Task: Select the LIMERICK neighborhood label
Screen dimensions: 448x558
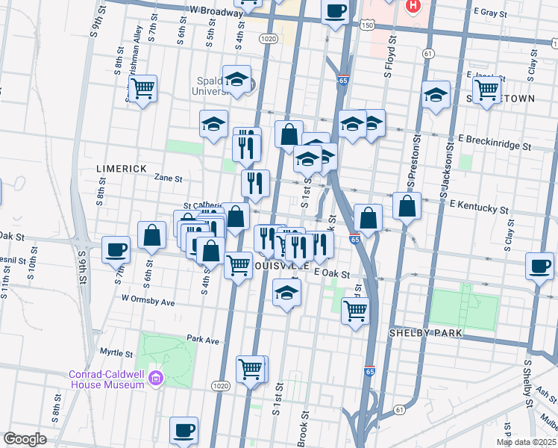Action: (x=122, y=169)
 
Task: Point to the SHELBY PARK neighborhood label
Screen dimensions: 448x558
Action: (x=426, y=332)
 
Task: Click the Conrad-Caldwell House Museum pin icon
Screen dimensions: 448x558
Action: (x=156, y=379)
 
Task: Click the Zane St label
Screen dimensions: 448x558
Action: (x=168, y=178)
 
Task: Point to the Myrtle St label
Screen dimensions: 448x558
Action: (x=116, y=352)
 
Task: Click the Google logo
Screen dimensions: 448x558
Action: (x=25, y=439)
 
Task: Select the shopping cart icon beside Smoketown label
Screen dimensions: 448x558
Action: (x=487, y=90)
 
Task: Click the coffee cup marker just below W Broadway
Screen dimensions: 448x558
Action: (x=335, y=11)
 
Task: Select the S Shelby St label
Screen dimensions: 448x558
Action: (x=531, y=384)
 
